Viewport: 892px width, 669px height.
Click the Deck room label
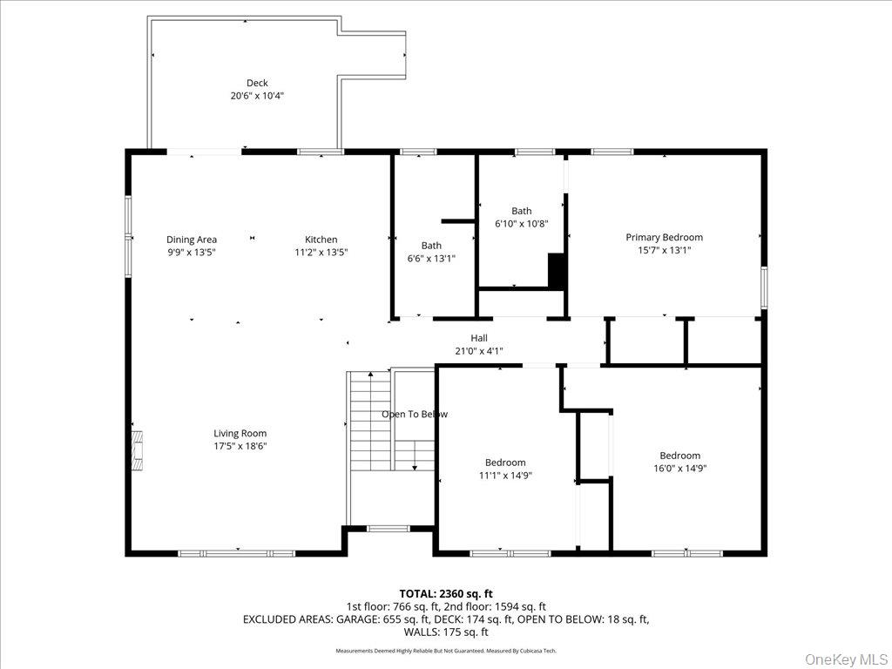(x=257, y=84)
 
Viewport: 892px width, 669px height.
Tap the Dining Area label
(x=192, y=240)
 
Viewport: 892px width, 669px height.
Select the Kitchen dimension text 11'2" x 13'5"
(x=321, y=253)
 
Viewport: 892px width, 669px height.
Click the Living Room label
(x=240, y=433)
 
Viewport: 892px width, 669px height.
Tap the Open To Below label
(x=415, y=415)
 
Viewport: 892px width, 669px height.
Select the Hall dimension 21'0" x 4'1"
(x=479, y=351)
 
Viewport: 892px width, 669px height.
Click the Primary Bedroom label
(x=664, y=237)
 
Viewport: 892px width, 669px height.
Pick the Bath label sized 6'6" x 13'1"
(x=431, y=246)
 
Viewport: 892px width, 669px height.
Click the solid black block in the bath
(x=557, y=271)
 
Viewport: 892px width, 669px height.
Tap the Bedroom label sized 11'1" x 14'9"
(x=505, y=463)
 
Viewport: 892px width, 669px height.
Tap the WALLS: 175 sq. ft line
(x=446, y=632)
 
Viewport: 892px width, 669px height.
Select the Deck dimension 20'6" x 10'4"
(x=257, y=96)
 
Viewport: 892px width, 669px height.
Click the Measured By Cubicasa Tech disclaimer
(x=505, y=651)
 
